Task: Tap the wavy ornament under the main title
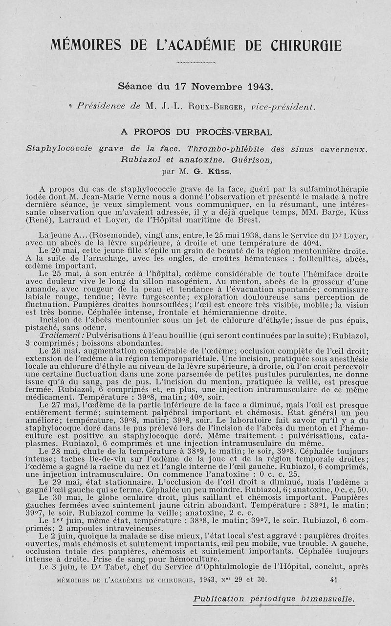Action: coord(195,63)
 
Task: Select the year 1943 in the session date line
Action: coord(260,87)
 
